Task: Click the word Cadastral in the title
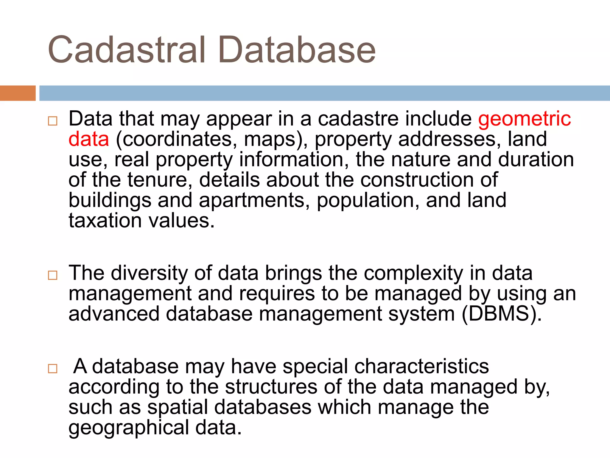pos(127,50)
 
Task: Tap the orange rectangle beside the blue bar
pos(18,93)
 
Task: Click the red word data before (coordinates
pos(89,140)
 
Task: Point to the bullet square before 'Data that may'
pos(52,121)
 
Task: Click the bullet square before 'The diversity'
pos(52,275)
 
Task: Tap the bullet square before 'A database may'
pos(52,369)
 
